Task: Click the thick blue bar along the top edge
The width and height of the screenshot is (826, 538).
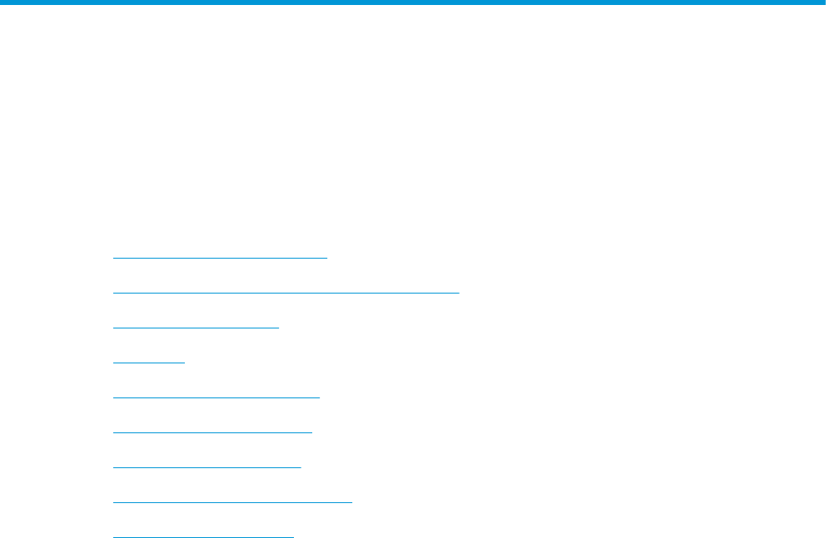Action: click(x=413, y=3)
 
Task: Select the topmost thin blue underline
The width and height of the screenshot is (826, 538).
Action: click(x=220, y=258)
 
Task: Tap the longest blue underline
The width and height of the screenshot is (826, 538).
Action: click(x=286, y=293)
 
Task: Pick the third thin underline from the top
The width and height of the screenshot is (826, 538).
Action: click(x=196, y=328)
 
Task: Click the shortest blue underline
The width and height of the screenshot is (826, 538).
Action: click(x=148, y=363)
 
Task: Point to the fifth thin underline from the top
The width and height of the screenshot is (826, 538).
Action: click(x=216, y=397)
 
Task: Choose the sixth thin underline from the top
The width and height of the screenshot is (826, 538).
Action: click(x=212, y=432)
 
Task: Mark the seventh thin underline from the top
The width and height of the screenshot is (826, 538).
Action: click(x=206, y=467)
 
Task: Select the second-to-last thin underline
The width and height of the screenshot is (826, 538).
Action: click(x=232, y=502)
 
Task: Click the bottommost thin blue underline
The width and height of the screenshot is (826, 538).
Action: click(x=203, y=536)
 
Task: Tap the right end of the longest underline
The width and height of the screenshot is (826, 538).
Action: click(x=459, y=293)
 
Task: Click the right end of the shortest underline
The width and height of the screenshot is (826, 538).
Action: click(x=185, y=363)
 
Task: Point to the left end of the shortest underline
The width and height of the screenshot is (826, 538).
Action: click(x=113, y=363)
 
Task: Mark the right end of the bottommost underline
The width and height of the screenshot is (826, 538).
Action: click(x=293, y=536)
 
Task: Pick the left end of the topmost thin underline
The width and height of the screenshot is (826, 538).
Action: click(x=113, y=258)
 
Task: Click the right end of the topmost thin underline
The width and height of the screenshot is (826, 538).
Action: click(x=327, y=258)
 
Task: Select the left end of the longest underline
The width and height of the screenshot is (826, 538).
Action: click(x=113, y=293)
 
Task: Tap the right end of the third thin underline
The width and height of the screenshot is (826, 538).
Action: click(x=279, y=328)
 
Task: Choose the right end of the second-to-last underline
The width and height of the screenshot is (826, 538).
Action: click(x=352, y=502)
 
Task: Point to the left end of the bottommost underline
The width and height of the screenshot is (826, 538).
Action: click(x=113, y=536)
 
